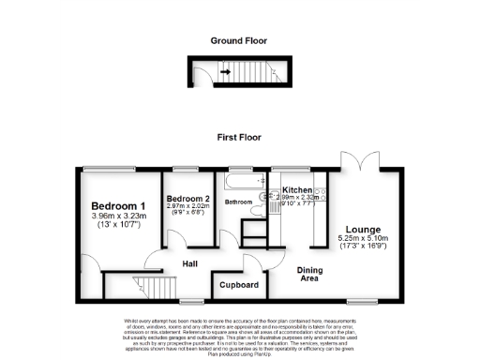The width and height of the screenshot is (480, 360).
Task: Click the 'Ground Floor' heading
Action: [x=238, y=41]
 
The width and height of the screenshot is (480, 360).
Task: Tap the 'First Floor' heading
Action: [x=239, y=136]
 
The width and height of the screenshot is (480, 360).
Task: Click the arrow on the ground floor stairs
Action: [x=226, y=69]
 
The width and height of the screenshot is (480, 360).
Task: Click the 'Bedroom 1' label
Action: [x=118, y=206]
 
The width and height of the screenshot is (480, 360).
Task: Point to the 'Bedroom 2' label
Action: [x=187, y=200]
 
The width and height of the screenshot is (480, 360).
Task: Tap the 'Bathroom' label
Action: [x=237, y=202]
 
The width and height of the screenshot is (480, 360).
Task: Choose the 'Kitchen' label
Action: [x=298, y=190]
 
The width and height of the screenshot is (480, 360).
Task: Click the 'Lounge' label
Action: [x=362, y=229]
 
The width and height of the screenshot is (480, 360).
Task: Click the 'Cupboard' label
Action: [x=238, y=284]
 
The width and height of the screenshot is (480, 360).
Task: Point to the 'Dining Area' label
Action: [x=310, y=274]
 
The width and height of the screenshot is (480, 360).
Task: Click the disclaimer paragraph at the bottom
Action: [x=239, y=336]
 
